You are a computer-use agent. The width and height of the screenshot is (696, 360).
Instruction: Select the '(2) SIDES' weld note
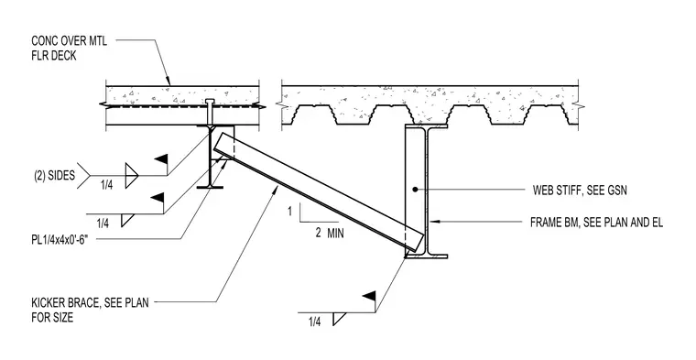tap(55, 176)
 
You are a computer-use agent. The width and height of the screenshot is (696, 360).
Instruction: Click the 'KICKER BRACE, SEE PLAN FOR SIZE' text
tap(90, 311)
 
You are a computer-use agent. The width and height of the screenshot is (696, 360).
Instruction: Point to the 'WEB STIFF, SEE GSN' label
tap(580, 191)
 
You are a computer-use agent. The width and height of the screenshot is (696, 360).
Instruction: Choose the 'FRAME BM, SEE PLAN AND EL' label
tap(596, 223)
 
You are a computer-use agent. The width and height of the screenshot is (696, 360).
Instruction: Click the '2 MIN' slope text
tap(330, 233)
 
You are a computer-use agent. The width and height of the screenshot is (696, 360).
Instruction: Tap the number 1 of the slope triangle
tap(290, 212)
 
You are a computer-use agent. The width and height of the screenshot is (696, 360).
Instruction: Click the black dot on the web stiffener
tap(415, 190)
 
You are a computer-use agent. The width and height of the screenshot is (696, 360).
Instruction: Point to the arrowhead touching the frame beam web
tap(433, 221)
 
